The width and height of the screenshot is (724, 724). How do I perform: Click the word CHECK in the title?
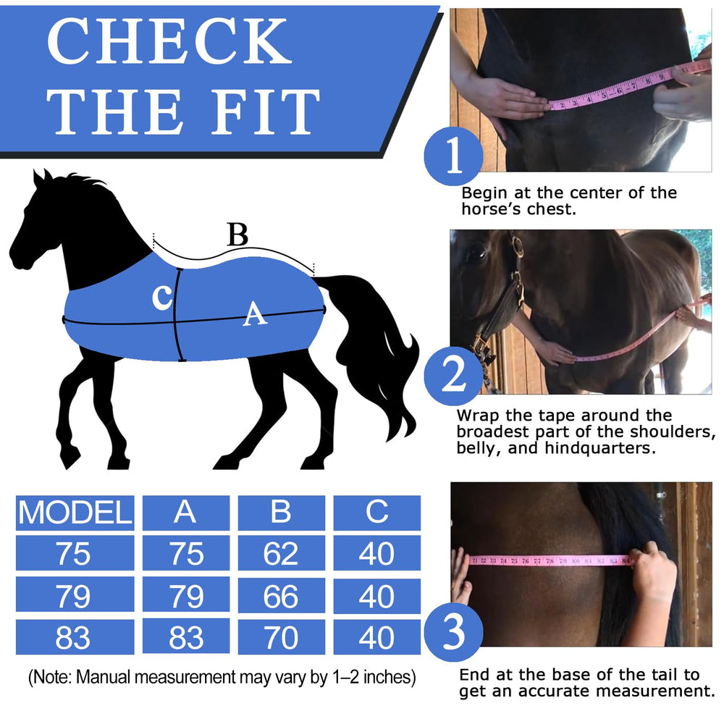[x=169, y=41]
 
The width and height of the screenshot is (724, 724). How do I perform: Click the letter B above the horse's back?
[x=237, y=235]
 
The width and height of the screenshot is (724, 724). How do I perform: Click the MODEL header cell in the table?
[x=75, y=513]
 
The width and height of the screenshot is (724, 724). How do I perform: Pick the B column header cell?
[x=281, y=513]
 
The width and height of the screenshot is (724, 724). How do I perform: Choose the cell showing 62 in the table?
[x=281, y=552]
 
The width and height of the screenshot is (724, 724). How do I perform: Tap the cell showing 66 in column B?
[x=281, y=595]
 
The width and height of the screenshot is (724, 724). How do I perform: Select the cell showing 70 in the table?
[x=281, y=637]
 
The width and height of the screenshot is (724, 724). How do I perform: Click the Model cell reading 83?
[x=75, y=637]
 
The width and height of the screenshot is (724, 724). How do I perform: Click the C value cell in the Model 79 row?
[x=376, y=595]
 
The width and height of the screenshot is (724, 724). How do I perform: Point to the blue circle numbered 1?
[x=453, y=156]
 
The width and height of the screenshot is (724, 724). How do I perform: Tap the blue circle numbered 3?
[x=453, y=631]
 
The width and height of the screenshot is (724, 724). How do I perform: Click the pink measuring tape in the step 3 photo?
[x=550, y=561]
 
